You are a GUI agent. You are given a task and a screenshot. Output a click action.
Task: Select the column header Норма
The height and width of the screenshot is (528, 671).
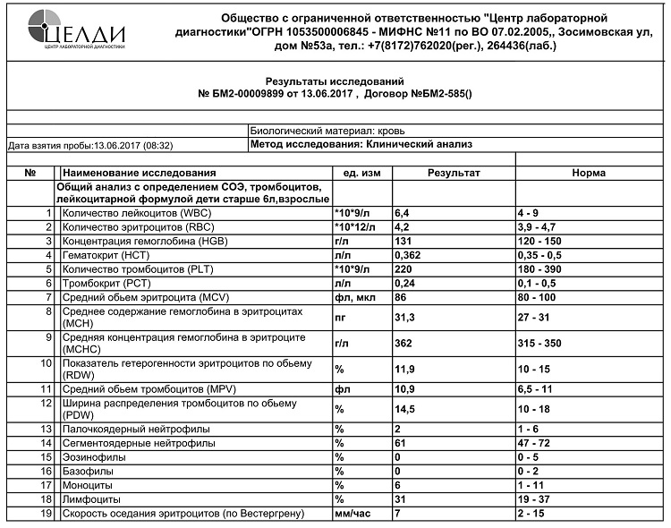coord(588,173)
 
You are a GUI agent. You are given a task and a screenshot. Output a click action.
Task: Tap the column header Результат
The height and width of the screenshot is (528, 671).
coord(454,173)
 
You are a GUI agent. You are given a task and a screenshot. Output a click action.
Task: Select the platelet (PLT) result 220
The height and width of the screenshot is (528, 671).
coord(403,268)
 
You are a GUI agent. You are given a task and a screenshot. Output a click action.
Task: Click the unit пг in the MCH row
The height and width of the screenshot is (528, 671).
coord(340,316)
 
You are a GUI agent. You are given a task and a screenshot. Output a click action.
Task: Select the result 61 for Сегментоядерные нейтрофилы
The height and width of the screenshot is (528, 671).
coord(401,443)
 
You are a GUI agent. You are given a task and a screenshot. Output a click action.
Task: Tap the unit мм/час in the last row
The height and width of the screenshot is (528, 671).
coord(352,513)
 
